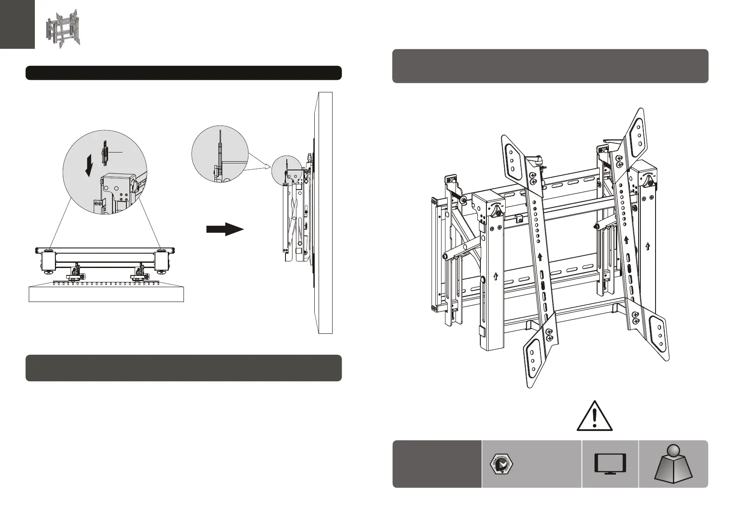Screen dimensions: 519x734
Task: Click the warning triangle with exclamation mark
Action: tap(595, 417)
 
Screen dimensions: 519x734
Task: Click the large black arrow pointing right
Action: tap(224, 229)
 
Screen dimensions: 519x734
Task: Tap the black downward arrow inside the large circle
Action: tap(89, 167)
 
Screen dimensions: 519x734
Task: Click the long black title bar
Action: tap(183, 73)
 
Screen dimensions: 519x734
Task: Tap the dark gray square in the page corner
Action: tap(17, 24)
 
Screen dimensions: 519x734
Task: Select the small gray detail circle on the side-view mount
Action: tap(287, 171)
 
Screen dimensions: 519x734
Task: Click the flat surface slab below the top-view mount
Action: tap(106, 293)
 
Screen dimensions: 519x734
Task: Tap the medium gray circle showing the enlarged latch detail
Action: tap(220, 155)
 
